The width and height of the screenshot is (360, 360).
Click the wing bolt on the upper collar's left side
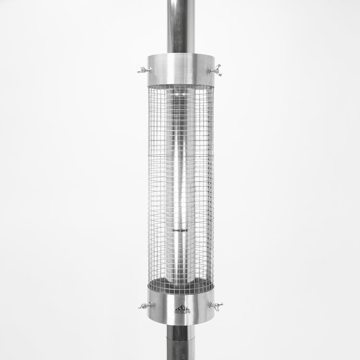coord(144,71)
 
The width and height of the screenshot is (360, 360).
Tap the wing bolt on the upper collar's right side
coord(216,70)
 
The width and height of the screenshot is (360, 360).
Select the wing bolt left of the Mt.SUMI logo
coord(144,305)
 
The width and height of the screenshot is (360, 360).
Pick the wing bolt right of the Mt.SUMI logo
coord(216,306)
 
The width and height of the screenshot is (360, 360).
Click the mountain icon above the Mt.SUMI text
coord(182,307)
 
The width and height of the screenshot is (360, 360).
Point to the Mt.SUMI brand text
coord(182,312)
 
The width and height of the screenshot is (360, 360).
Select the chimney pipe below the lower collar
coord(180,343)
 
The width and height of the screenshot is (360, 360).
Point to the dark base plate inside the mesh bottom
coord(180,286)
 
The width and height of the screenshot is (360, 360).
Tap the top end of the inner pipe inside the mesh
coord(180,89)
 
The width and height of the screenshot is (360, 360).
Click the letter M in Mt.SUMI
coord(176,312)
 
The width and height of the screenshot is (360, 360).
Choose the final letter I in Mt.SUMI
coord(189,312)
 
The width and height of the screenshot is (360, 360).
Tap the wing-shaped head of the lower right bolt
coord(218,306)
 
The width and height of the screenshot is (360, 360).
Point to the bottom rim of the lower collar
coord(180,324)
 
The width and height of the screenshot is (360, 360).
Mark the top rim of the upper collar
coord(180,54)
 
